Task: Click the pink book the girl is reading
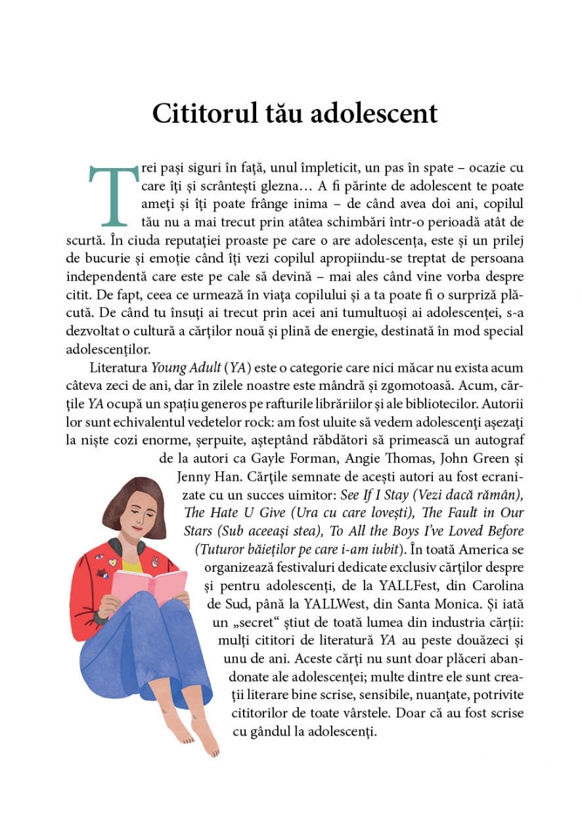coord(149,589)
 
